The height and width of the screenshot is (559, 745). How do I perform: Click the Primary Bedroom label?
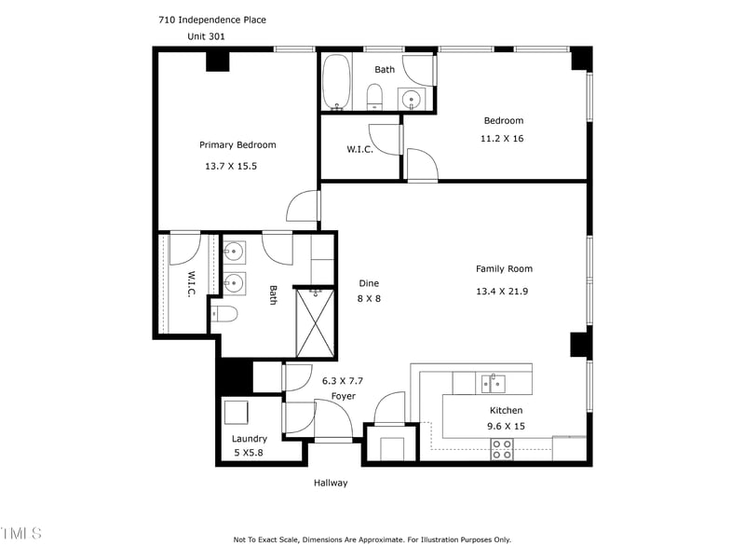[237, 144]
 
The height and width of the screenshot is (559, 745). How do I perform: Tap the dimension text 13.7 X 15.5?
[230, 166]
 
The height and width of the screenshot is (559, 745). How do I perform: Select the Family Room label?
[504, 268]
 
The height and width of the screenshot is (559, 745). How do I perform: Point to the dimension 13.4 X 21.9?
[502, 291]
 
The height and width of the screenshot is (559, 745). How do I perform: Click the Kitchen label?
[506, 410]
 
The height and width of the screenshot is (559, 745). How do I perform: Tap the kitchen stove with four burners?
[502, 449]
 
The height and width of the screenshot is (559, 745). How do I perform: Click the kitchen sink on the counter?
[492, 382]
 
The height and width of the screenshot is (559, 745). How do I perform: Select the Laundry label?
[249, 439]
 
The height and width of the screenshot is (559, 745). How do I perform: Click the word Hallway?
[330, 483]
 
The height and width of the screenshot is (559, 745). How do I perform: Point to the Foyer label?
[343, 396]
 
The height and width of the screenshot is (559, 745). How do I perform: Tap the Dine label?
[369, 283]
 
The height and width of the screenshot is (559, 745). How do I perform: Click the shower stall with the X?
[315, 322]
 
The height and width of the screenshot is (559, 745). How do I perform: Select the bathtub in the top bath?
[336, 83]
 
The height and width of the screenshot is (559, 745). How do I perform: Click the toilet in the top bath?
[374, 96]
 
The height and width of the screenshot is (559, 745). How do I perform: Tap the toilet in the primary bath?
[224, 314]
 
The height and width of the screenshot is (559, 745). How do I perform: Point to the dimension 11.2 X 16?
[502, 138]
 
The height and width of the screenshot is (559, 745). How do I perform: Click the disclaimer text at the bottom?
[372, 539]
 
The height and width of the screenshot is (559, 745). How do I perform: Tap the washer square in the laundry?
[236, 412]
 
